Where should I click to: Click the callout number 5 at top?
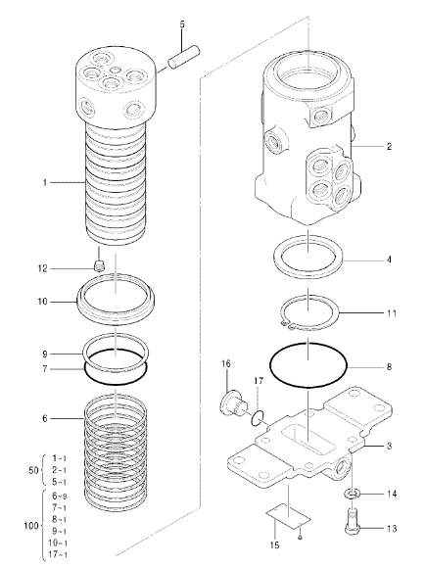click(181, 24)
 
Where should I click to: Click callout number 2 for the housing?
click(389, 146)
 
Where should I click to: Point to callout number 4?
click(389, 260)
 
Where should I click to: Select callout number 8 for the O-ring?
click(389, 367)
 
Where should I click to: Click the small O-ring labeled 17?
click(256, 419)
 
